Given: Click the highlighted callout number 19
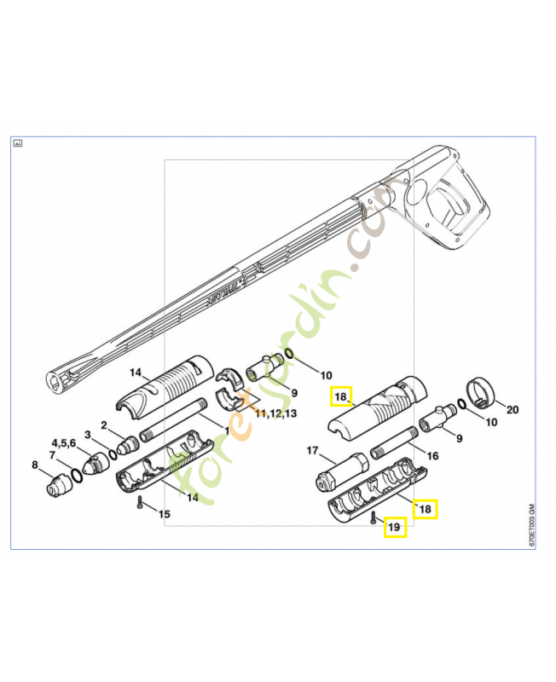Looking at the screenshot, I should click(394, 529).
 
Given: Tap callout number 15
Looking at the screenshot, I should click(163, 513).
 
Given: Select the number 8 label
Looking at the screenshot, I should click(35, 465).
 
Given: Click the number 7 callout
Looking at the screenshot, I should click(56, 456).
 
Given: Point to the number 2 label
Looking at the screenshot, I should click(104, 425).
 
